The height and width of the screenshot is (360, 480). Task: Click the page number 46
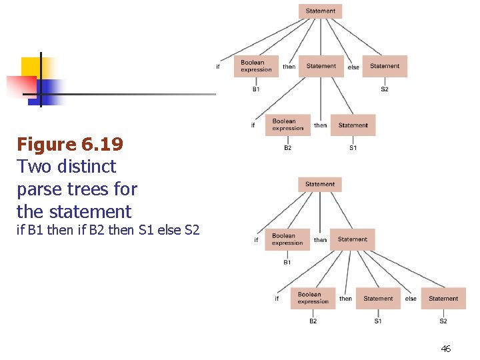446,349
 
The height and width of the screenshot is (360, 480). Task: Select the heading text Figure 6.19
70,144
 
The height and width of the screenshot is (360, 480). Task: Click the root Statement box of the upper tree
321,11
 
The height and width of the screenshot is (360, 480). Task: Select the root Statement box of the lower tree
320,184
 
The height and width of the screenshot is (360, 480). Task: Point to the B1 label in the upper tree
256,89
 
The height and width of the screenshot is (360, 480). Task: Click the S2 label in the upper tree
385,89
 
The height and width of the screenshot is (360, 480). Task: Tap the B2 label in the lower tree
313,321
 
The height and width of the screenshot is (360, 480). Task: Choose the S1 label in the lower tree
378,321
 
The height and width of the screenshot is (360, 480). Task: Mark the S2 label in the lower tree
443,321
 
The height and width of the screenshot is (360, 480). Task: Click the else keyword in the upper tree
353,67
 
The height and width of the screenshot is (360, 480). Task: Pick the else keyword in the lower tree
411,299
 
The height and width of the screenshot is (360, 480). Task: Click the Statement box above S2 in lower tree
443,299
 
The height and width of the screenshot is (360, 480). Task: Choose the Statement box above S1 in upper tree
353,125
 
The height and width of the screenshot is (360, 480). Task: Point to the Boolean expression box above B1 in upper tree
256,66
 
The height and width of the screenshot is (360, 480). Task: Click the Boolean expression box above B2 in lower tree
313,298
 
